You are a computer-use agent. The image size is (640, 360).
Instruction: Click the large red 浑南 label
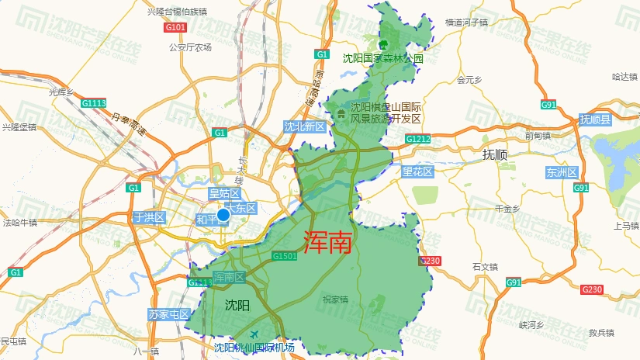pos(328,243)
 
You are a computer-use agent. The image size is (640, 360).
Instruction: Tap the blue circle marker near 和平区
pos(223,215)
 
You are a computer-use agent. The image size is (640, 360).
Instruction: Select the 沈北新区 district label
pos(303,127)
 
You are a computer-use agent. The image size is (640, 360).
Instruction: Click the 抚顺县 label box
pos(595,119)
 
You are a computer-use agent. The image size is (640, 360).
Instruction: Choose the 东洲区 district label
pos(562,172)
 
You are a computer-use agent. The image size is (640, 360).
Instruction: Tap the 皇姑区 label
pos(224,193)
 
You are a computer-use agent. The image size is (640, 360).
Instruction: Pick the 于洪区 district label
pos(149,217)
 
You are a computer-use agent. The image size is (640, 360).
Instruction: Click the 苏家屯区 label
pos(168,314)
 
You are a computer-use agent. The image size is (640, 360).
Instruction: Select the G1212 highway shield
pos(417,140)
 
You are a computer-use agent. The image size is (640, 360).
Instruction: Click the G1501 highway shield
pos(284,256)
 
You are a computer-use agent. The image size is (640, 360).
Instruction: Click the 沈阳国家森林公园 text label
pos(383,58)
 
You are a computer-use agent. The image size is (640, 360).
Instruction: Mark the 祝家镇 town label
pos(335,299)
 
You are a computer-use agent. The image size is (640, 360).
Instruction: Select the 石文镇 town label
pos(484,267)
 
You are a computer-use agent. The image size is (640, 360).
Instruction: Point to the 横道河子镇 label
pos(466,23)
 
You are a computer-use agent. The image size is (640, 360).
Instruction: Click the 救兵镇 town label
pos(600,333)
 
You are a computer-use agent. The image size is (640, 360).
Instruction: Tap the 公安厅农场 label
pos(190,47)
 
